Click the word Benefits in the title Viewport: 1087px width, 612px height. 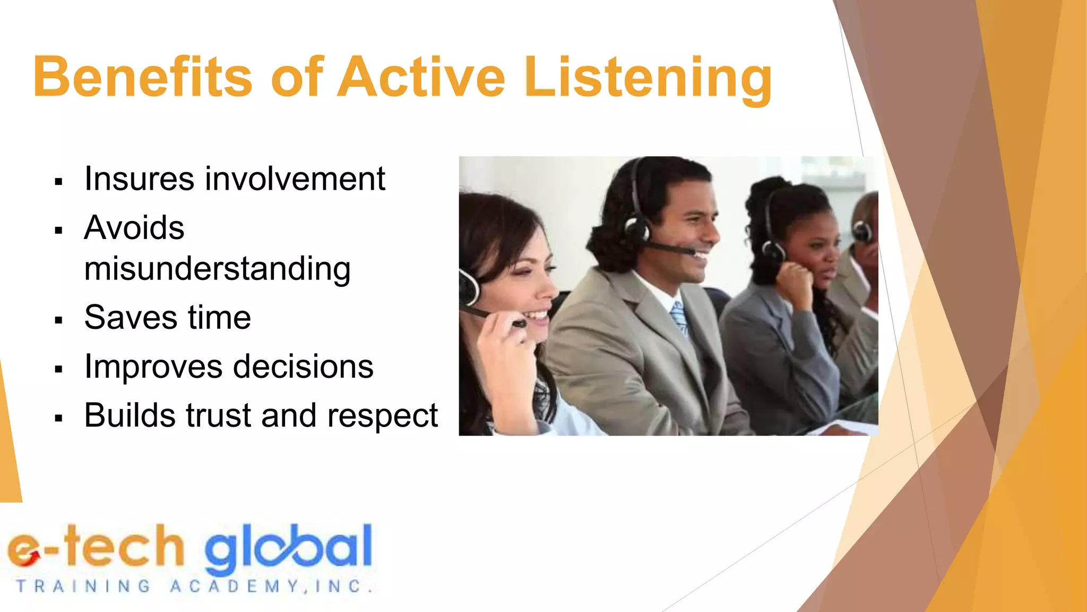point(142,78)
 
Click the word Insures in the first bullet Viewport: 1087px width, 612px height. point(140,178)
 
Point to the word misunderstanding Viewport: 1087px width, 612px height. point(217,269)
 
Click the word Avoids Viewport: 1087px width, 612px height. point(134,228)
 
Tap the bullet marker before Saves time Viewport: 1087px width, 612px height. point(58,320)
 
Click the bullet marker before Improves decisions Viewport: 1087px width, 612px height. point(58,369)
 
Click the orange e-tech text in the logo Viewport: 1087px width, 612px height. point(96,547)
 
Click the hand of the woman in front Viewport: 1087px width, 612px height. point(504,351)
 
